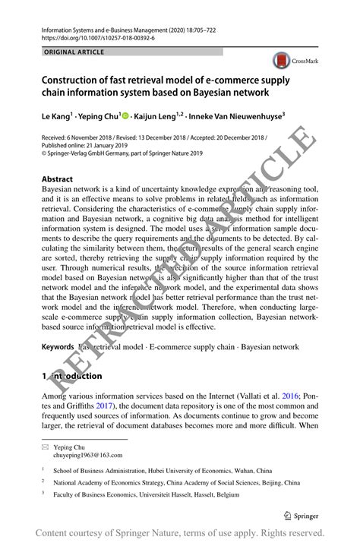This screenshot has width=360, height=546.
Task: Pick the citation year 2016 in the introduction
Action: (290, 396)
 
